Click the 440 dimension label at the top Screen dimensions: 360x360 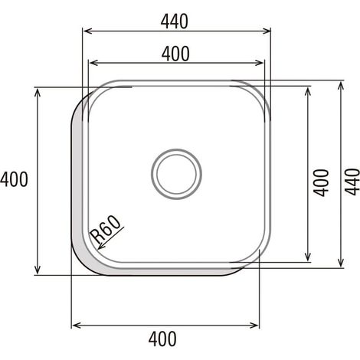tap(175, 21)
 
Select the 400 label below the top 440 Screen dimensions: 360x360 tap(175, 54)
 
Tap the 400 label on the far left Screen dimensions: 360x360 tap(14, 179)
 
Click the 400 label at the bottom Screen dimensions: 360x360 tap(162, 339)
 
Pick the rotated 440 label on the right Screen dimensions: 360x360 tap(352, 182)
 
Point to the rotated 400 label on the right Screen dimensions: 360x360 tap(321, 183)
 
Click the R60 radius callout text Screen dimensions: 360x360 tap(105, 230)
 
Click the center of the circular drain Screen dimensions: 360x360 tap(176, 174)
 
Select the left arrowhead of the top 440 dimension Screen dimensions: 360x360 tap(87, 31)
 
